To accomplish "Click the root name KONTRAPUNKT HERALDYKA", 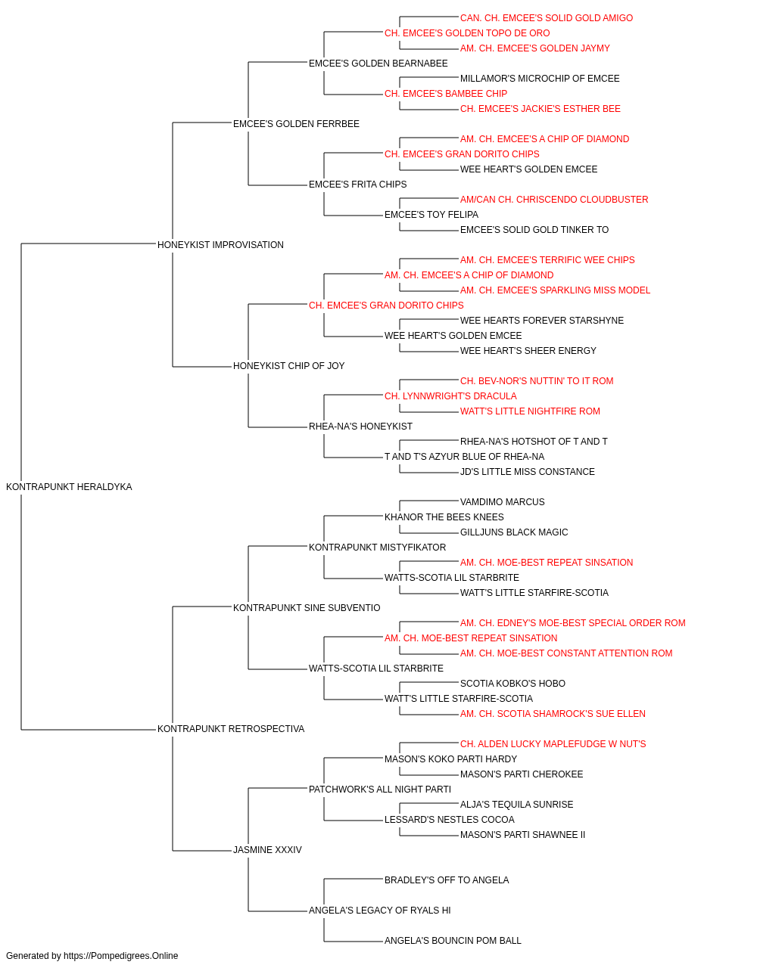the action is (x=69, y=487).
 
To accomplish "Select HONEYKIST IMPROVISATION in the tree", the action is (x=220, y=245).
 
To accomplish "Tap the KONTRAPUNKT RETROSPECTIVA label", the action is (x=231, y=729).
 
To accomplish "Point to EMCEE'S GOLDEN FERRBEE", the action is (x=296, y=124).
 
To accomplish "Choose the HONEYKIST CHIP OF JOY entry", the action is (x=289, y=366).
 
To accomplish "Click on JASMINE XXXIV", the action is (x=267, y=850).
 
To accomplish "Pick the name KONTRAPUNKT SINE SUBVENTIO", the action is (x=307, y=608).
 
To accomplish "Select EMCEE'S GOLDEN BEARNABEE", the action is (x=378, y=64).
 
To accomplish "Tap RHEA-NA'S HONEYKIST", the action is (x=360, y=427).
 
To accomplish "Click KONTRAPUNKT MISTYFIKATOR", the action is (x=377, y=548).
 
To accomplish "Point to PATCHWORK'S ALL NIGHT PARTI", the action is (x=380, y=790).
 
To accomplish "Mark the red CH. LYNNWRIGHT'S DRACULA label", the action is (x=450, y=396).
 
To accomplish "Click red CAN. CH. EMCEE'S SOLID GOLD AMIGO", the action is (x=547, y=18).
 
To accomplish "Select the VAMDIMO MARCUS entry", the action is (x=503, y=502).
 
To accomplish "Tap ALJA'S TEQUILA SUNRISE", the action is (x=517, y=805).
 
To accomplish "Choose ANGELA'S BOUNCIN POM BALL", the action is (x=453, y=940).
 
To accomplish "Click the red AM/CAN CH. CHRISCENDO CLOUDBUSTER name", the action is (x=554, y=200).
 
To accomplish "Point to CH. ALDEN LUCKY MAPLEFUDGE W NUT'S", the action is (x=553, y=744).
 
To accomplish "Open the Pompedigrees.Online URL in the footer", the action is (x=121, y=956).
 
